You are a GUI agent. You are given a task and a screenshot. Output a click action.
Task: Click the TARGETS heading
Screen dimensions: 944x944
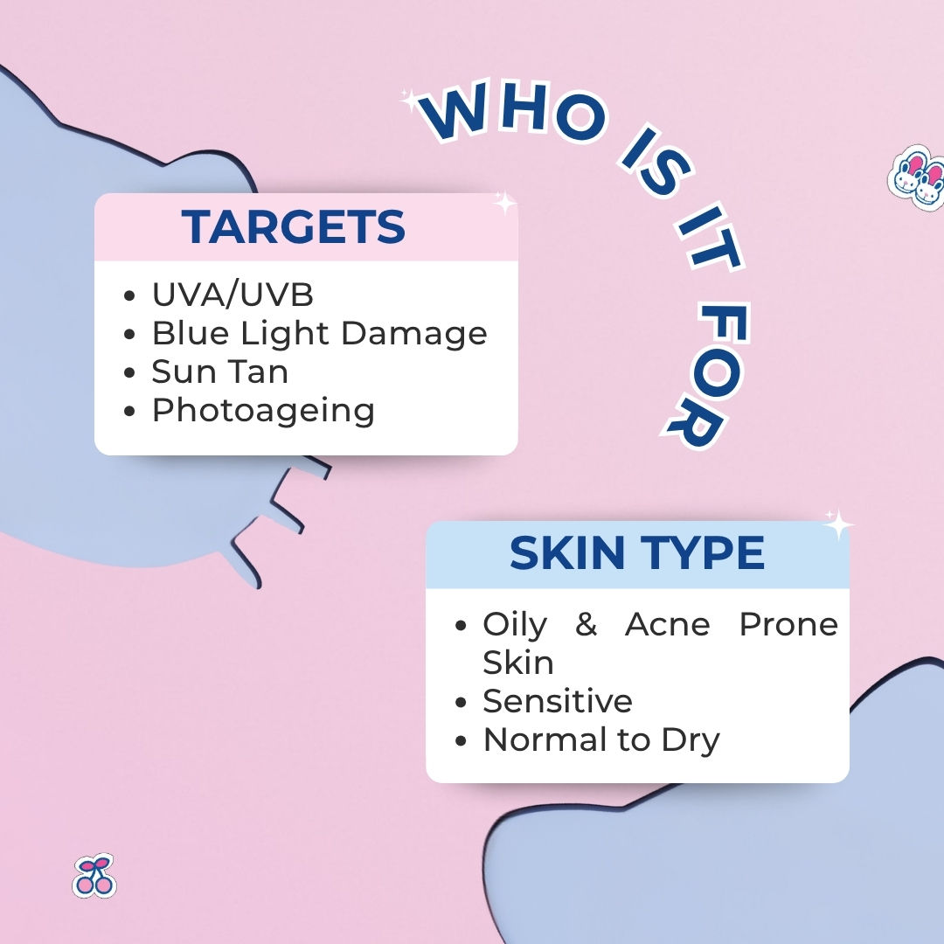293,226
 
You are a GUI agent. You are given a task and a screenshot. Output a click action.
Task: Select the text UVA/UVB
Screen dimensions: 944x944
233,295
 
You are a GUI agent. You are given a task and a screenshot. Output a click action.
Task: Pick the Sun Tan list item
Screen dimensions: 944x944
219,371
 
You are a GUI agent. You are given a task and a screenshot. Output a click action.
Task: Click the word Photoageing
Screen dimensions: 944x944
263,412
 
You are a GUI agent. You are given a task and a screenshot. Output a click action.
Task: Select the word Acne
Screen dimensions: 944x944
668,624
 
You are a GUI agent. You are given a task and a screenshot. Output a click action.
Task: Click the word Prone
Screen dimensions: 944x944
788,624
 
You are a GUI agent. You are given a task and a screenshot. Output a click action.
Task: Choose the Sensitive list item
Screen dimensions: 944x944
558,701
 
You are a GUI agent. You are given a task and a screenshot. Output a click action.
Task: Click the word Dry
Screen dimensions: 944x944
691,741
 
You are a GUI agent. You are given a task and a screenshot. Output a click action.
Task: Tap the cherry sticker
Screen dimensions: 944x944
94,876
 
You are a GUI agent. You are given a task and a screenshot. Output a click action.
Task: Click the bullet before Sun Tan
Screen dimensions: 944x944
129,372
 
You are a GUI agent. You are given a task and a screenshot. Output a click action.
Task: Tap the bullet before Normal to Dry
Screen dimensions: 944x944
462,740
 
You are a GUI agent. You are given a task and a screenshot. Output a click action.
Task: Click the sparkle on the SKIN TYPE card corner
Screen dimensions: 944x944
837,524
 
